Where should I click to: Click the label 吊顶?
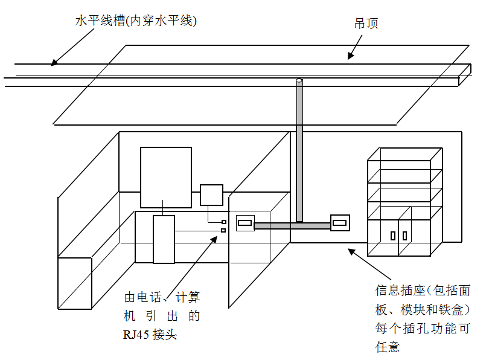[366, 24]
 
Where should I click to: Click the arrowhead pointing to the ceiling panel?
[350, 56]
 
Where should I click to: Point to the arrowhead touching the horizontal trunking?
[54, 62]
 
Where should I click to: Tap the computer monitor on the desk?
[166, 177]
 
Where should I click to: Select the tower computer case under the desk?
[164, 239]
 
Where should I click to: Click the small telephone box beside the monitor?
[211, 195]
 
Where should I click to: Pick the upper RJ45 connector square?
[223, 222]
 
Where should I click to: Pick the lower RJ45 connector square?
[223, 230]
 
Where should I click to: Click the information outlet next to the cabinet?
[340, 223]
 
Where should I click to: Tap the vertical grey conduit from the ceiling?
[299, 151]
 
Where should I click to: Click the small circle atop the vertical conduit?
[299, 81]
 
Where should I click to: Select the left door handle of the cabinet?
[394, 235]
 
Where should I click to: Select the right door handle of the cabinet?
[404, 235]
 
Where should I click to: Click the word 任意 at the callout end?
[387, 347]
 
